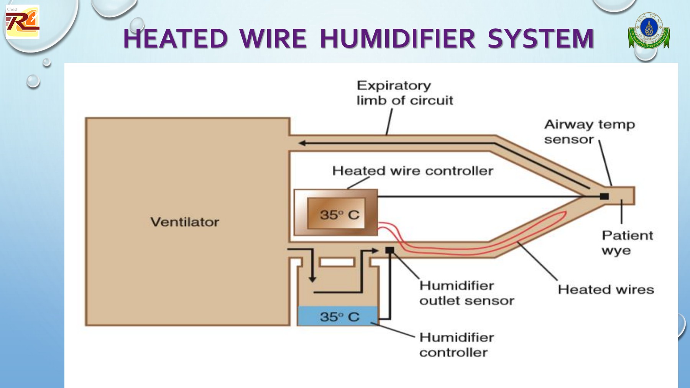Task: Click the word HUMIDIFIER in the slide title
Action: click(398, 39)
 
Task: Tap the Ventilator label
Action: click(185, 222)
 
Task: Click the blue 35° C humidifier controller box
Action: click(338, 317)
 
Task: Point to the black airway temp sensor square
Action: click(604, 196)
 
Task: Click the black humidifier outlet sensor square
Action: click(389, 250)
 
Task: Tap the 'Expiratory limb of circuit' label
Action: click(404, 93)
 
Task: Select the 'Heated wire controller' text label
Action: click(412, 171)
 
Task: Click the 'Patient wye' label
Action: click(627, 243)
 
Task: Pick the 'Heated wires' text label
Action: click(606, 289)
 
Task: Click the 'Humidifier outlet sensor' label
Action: click(467, 293)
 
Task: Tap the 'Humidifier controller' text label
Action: click(456, 345)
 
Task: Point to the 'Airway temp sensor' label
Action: click(589, 132)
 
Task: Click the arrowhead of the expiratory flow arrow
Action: click(302, 143)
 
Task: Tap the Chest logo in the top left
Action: click(22, 22)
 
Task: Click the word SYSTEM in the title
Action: click(540, 39)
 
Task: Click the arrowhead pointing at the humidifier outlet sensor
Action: click(375, 250)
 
